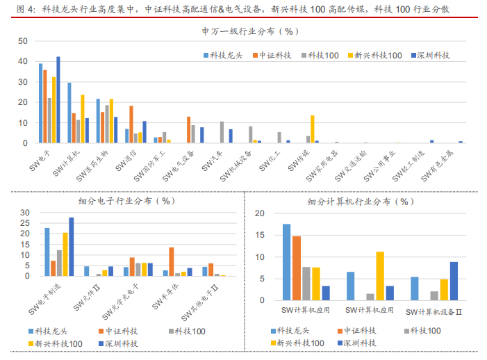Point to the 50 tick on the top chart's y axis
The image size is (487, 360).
pos(22,41)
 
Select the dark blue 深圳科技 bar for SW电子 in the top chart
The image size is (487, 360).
pos(58,99)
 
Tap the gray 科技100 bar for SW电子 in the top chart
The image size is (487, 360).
pos(49,120)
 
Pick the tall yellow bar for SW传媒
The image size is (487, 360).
pos(313,129)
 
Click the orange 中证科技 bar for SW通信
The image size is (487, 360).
pos(131,124)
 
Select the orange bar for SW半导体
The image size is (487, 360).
pos(171,262)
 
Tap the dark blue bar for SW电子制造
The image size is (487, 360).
pos(71,247)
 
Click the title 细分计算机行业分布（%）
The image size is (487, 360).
pos(361,202)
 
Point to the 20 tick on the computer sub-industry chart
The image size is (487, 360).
pos(260,213)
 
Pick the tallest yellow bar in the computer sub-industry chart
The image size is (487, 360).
pos(380,277)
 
